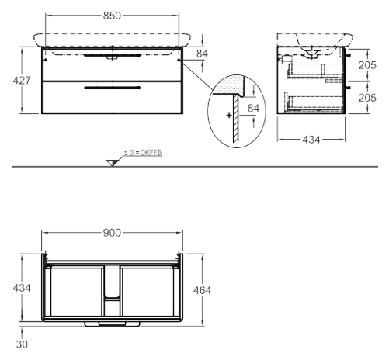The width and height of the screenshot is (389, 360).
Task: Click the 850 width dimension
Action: coord(112,16)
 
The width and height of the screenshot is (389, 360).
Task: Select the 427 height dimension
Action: coord(22,81)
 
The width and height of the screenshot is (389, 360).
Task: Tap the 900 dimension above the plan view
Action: coord(112,233)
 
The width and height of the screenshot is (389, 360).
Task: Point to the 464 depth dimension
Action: coord(202,290)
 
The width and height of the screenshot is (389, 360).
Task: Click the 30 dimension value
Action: coord(22,344)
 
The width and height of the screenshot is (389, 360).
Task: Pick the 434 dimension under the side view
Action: coord(311,140)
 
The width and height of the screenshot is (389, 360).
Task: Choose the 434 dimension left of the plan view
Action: coord(22,288)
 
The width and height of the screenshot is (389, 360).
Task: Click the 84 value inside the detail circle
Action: coord(253,108)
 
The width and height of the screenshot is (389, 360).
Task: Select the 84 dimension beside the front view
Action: coord(202,54)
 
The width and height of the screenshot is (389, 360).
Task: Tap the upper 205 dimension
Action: coord(367,65)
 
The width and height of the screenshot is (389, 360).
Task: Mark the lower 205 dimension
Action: coord(367,98)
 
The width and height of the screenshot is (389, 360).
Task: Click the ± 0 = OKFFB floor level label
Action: coord(143,153)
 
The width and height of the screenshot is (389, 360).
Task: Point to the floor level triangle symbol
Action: coord(112,163)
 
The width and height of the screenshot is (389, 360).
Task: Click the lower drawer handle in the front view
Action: coord(113,88)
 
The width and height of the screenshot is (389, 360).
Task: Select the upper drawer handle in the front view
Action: coord(113,55)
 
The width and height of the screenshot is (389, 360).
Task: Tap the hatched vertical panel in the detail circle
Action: coord(235,119)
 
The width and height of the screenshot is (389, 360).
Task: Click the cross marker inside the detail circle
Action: coord(229,116)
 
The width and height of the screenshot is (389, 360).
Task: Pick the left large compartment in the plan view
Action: coord(77,292)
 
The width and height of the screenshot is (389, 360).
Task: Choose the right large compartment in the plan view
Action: coord(148,292)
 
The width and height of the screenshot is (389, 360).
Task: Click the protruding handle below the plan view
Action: coord(113,324)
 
